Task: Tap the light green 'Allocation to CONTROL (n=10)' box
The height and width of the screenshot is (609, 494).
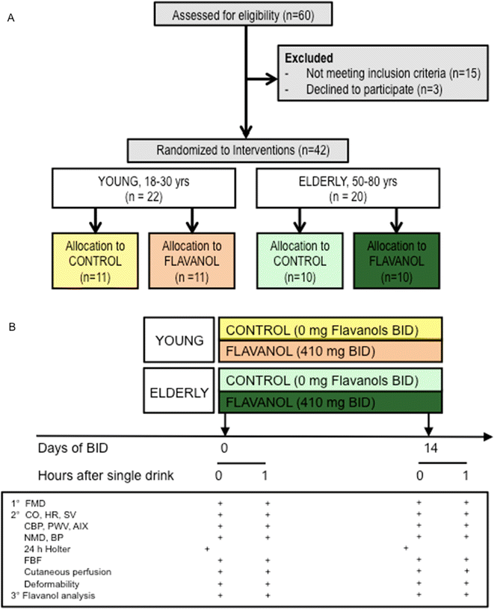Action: pyautogui.click(x=299, y=261)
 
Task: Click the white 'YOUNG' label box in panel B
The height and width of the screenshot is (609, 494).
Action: pyautogui.click(x=181, y=341)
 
